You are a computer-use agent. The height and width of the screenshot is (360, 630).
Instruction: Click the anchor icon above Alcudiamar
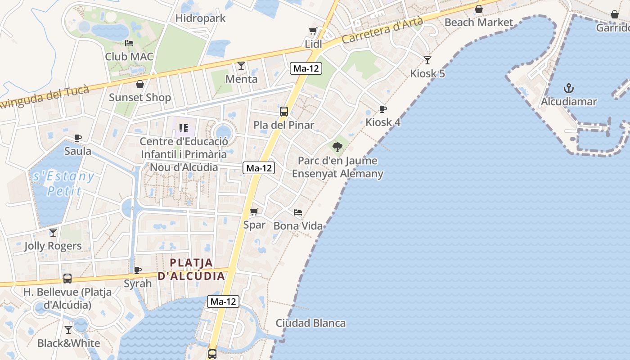pos(569,88)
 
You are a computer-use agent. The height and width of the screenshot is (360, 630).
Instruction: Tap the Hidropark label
pos(200,18)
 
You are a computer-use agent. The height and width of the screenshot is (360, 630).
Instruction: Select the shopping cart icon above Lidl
pos(313,31)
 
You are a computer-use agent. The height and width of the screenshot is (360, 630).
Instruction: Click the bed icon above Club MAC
pos(129,43)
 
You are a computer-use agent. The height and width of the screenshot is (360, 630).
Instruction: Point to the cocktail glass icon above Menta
pos(241,66)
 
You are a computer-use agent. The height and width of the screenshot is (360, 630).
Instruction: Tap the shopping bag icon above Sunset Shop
pos(140,84)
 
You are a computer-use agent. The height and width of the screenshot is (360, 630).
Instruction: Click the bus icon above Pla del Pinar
pos(284,112)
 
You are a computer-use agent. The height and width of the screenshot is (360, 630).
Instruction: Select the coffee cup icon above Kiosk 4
pos(382,109)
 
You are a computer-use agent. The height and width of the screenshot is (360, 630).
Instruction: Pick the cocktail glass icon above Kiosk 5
pos(427,60)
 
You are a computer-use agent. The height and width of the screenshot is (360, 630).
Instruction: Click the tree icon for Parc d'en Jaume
pos(337,147)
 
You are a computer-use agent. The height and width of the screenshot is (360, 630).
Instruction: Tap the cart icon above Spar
pos(254,211)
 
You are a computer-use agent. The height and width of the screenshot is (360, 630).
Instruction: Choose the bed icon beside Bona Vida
pos(297,212)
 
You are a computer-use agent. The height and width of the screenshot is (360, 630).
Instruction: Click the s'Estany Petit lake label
pos(64,183)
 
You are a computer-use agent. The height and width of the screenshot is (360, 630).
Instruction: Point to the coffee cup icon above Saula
pos(78,138)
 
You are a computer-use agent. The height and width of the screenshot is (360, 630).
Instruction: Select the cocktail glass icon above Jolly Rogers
pos(53,232)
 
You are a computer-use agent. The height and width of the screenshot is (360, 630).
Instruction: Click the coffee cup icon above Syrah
pos(138,270)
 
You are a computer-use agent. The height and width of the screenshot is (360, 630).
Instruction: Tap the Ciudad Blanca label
pos(310,323)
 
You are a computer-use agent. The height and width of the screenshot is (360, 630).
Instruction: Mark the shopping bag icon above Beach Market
pos(479,9)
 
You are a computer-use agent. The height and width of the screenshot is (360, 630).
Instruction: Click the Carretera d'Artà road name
pos(382,30)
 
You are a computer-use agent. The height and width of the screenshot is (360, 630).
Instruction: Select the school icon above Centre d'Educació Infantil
pos(183,129)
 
